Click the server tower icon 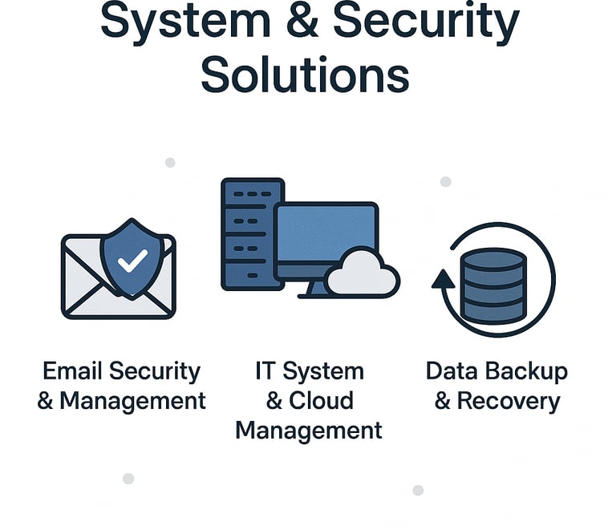point(252,233)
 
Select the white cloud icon point(363,273)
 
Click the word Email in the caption point(73,371)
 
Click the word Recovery point(508,401)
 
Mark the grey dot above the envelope point(170,163)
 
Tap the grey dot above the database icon point(446,182)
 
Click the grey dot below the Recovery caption point(418,490)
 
